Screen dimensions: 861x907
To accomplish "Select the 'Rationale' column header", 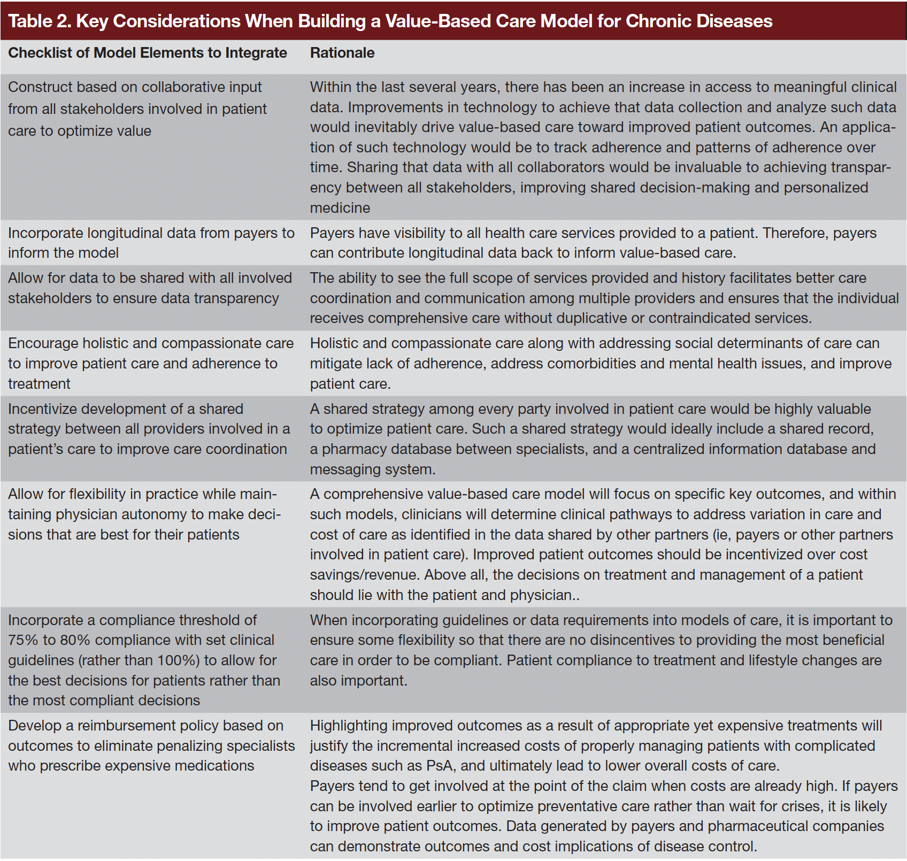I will point(342,53).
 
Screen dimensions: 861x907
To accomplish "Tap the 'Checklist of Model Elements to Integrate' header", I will point(148,53).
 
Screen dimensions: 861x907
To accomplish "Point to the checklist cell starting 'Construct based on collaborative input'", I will point(137,109).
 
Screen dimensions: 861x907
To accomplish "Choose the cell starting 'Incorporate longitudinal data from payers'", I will point(151,243).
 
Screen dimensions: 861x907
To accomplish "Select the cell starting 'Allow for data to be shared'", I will point(150,288).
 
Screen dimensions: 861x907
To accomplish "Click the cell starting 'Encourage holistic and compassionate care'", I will point(151,363).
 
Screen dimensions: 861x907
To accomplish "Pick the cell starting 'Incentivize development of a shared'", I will point(149,429).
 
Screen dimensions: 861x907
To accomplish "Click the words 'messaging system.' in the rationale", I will point(373,470).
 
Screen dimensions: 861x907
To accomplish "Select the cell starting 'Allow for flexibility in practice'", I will point(144,514).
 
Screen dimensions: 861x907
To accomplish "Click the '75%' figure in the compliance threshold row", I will point(22,640).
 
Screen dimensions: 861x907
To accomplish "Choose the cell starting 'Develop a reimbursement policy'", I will point(151,745).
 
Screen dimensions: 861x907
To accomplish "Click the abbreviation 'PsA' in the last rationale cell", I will point(440,766).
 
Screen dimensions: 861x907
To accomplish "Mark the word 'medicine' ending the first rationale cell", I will point(340,208).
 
